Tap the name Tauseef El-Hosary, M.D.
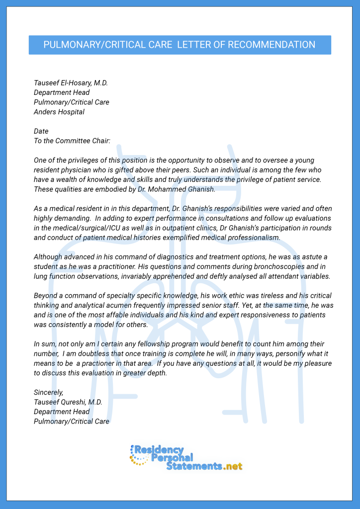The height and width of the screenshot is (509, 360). pyautogui.click(x=71, y=83)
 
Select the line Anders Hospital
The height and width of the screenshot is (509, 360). pyautogui.click(x=59, y=112)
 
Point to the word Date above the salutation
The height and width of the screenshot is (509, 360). pyautogui.click(x=41, y=131)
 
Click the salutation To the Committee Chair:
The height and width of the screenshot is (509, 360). pyautogui.click(x=72, y=141)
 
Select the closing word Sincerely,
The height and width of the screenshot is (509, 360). pyautogui.click(x=49, y=393)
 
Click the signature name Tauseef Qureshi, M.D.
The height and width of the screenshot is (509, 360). pyautogui.click(x=68, y=402)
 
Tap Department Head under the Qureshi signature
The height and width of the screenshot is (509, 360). pyautogui.click(x=62, y=412)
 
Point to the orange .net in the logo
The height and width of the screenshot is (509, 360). pyautogui.click(x=233, y=467)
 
